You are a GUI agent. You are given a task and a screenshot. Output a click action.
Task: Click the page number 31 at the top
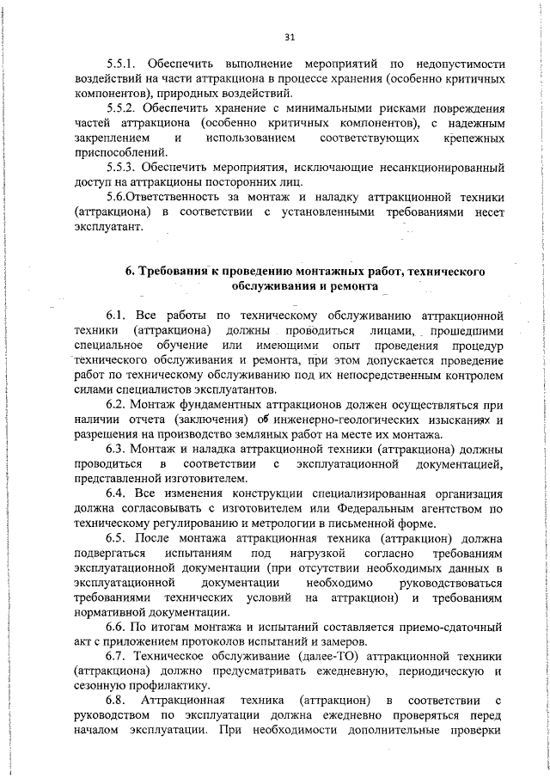pyautogui.click(x=289, y=37)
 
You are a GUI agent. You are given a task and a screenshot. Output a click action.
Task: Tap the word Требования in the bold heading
pyautogui.click(x=170, y=272)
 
